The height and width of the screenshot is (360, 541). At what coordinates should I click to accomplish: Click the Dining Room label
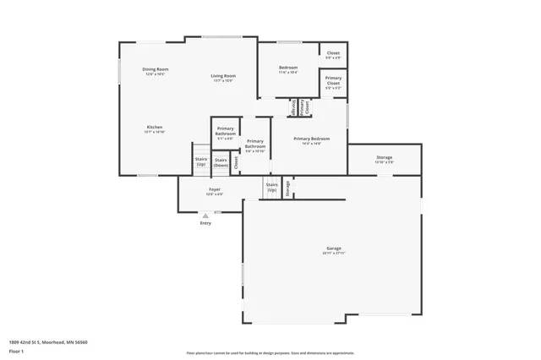pyautogui.click(x=155, y=69)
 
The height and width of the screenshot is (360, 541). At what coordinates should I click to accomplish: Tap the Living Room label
pyautogui.click(x=223, y=76)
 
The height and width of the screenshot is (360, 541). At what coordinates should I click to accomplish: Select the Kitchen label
pyautogui.click(x=154, y=127)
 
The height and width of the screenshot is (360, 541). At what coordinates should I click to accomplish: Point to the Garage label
pyautogui.click(x=333, y=248)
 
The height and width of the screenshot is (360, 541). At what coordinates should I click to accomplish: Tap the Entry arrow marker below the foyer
pyautogui.click(x=205, y=216)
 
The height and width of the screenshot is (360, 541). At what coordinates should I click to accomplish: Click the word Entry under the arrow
pyautogui.click(x=205, y=224)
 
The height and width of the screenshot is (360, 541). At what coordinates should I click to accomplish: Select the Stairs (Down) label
pyautogui.click(x=221, y=161)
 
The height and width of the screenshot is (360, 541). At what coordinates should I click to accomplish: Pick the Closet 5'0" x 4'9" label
pyautogui.click(x=333, y=53)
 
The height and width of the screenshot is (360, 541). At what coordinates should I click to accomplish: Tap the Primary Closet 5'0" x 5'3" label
pyautogui.click(x=333, y=82)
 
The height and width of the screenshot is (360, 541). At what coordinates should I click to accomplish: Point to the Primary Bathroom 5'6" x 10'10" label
pyautogui.click(x=255, y=144)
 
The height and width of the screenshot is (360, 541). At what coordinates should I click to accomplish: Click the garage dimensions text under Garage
pyautogui.click(x=333, y=254)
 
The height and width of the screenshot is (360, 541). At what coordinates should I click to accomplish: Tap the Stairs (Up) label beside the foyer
pyautogui.click(x=271, y=186)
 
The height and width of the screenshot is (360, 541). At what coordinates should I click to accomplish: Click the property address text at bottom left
pyautogui.click(x=48, y=342)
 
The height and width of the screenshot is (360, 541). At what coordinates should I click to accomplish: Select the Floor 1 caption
pyautogui.click(x=17, y=351)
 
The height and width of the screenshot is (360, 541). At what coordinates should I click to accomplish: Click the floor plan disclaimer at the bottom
pyautogui.click(x=270, y=353)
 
